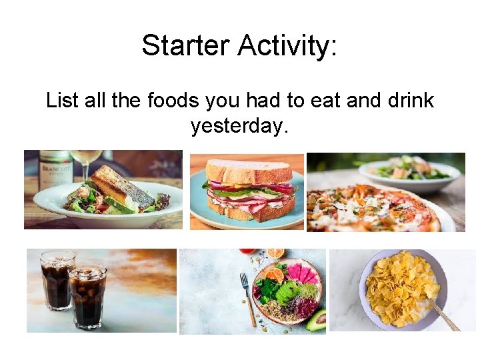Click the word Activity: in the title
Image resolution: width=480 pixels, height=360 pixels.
(288, 45)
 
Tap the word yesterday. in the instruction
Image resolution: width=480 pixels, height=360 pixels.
(239, 125)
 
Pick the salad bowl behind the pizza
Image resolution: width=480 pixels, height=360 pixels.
(409, 172)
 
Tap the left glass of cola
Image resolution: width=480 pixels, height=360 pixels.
(57, 280)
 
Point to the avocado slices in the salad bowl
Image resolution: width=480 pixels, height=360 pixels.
(287, 293)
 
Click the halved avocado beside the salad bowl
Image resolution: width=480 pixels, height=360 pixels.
(316, 319)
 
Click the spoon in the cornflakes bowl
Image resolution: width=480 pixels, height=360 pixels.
(442, 313)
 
